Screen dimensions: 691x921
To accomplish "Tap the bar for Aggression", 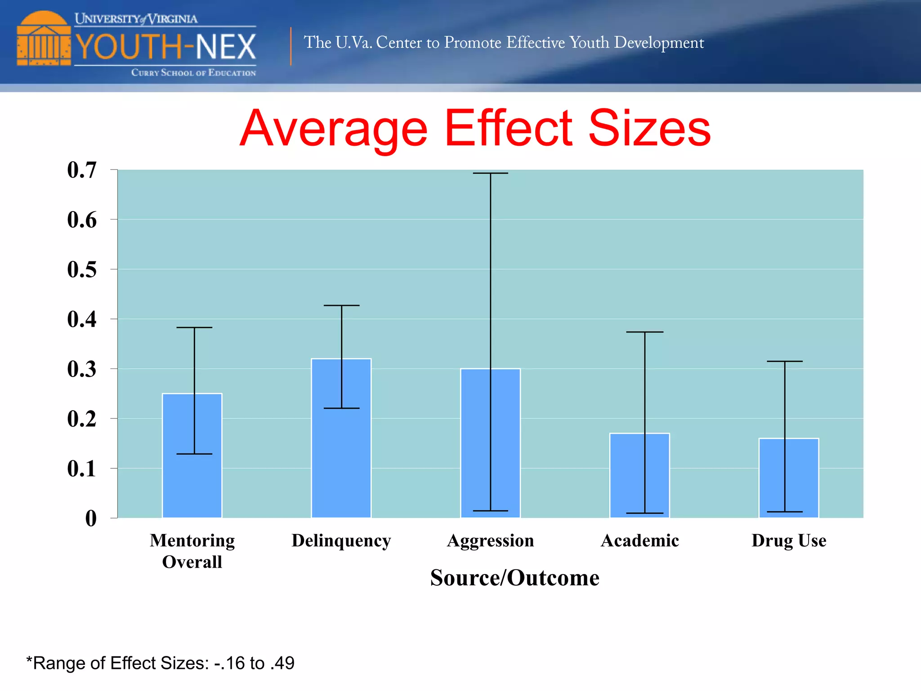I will click(490, 443).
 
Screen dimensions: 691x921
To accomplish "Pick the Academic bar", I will click(639, 476).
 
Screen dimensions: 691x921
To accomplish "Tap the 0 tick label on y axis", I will click(91, 518).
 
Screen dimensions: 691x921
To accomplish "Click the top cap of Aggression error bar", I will click(490, 173).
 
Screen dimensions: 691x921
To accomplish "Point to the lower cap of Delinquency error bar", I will click(341, 408).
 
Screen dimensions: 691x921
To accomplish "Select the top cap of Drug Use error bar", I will click(785, 361).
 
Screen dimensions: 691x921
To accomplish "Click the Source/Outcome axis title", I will click(514, 578).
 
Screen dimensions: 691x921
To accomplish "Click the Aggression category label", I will click(490, 540).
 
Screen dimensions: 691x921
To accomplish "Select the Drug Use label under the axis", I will click(789, 540).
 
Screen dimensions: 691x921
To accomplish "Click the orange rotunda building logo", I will click(44, 39).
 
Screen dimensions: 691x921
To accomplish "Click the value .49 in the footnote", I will click(282, 663).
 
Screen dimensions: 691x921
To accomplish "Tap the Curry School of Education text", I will click(193, 72).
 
